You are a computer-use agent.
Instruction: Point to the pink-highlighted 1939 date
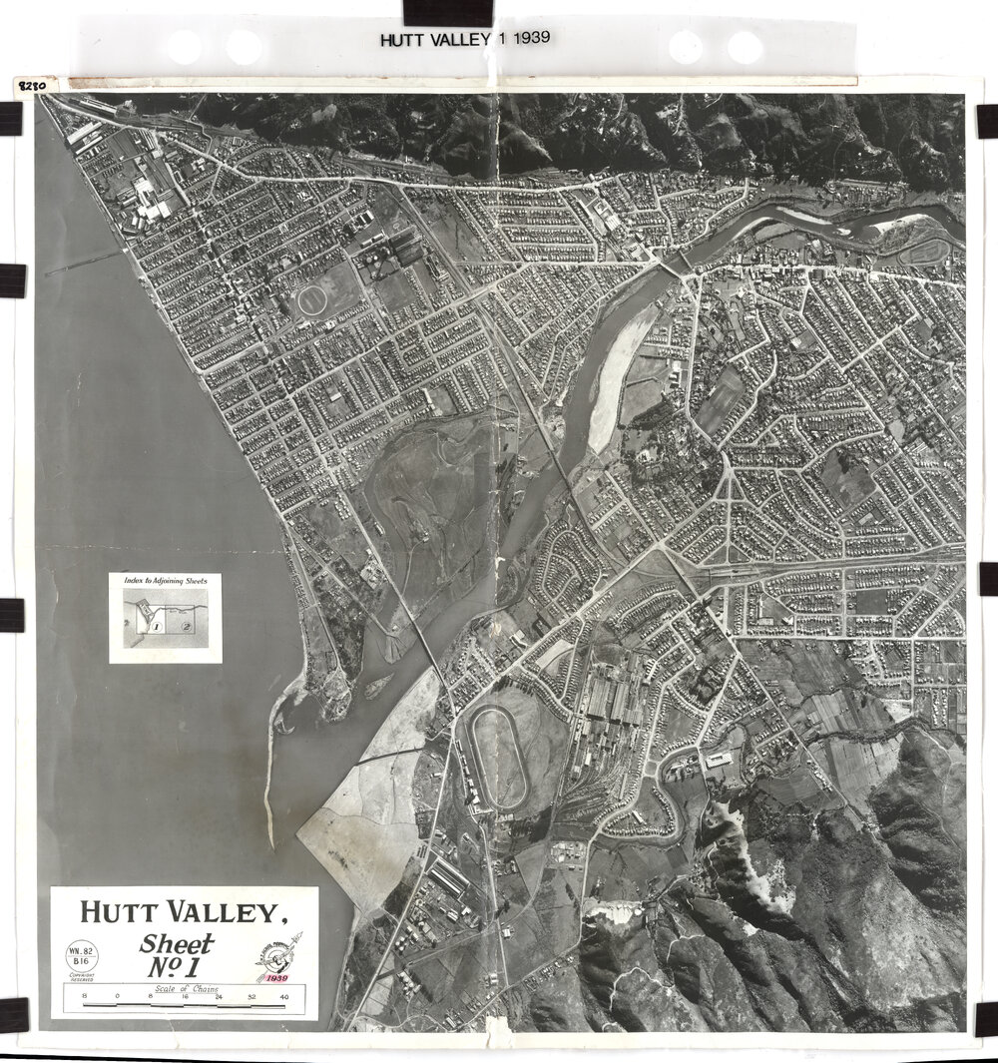(x=270, y=978)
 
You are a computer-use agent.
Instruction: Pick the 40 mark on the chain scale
(x=284, y=997)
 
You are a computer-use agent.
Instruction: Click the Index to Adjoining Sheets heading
(x=165, y=580)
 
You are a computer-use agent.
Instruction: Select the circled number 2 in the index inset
(x=187, y=625)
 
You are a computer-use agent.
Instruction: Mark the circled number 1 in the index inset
(x=157, y=626)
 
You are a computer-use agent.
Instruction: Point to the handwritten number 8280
(x=32, y=86)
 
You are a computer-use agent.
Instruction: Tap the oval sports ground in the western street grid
(x=312, y=297)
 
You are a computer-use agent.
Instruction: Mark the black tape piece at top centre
(x=447, y=11)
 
